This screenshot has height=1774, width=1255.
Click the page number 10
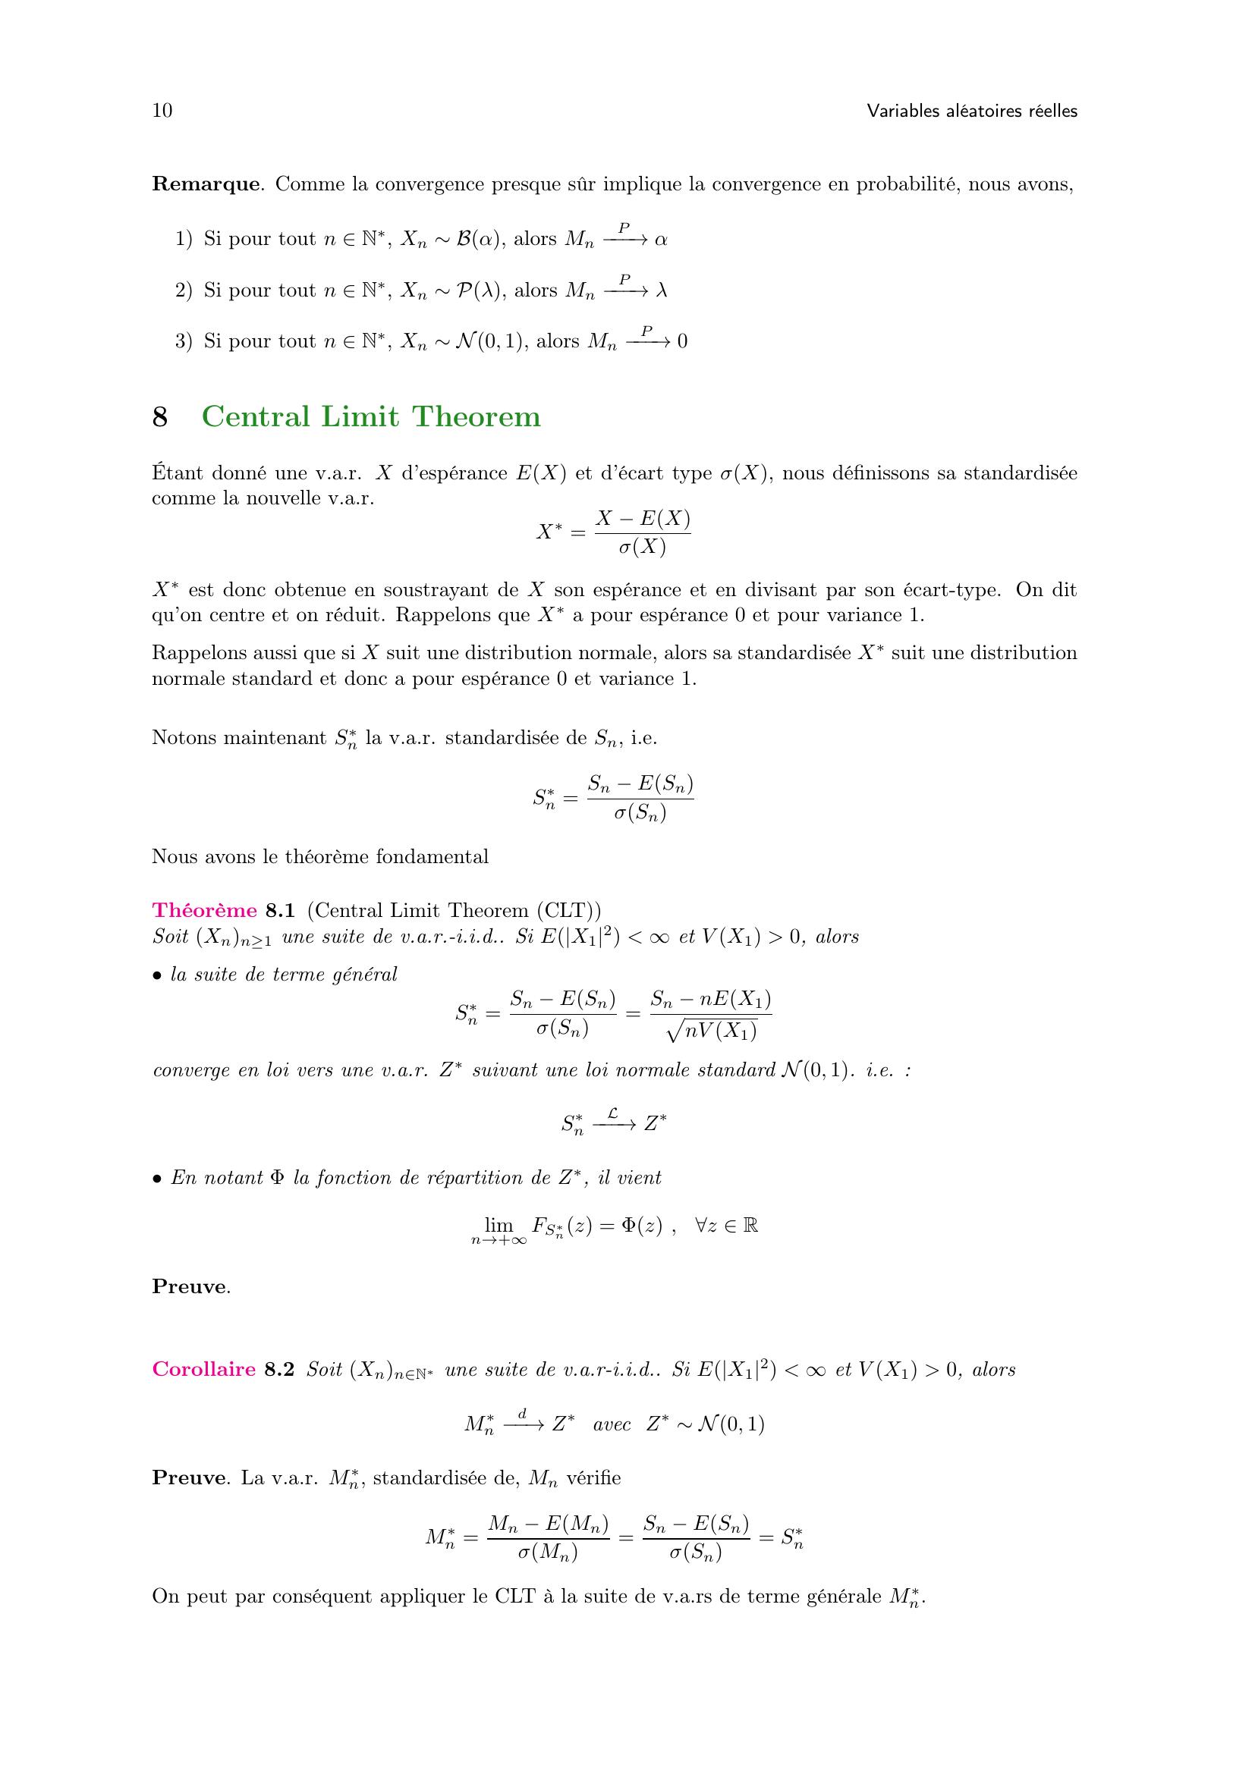162,111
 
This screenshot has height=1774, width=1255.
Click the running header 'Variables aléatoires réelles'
971,111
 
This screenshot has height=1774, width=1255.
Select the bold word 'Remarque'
206,184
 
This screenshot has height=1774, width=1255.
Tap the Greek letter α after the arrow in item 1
661,240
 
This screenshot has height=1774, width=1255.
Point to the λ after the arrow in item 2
662,290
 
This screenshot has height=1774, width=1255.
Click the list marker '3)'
183,341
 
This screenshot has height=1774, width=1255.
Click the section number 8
160,417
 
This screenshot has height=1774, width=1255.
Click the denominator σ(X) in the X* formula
642,547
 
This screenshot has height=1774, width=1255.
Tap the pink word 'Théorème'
204,910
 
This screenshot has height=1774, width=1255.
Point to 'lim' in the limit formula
499,1225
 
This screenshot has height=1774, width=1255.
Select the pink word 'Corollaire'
203,1370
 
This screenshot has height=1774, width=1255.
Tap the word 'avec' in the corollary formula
612,1425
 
